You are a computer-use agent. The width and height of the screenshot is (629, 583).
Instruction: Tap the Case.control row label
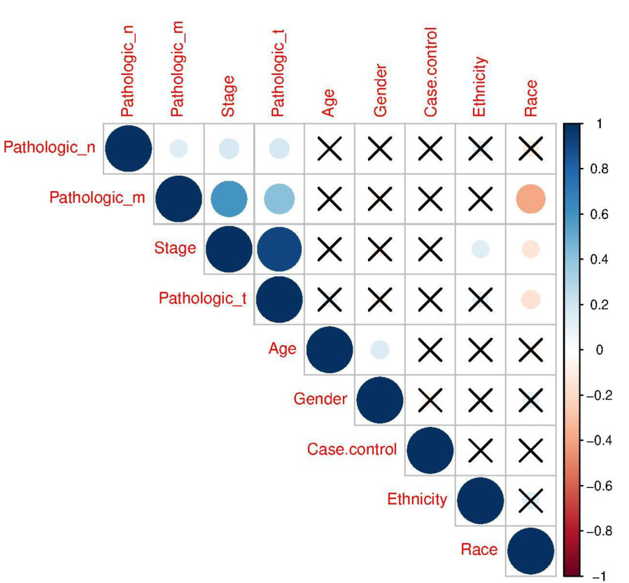(351, 449)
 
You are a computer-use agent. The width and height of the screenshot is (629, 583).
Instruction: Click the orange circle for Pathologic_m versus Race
(530, 199)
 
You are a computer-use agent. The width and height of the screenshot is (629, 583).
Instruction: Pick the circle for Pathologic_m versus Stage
(229, 199)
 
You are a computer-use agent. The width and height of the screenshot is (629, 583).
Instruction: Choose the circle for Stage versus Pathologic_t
(279, 249)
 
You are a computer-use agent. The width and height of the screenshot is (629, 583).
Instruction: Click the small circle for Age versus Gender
(380, 349)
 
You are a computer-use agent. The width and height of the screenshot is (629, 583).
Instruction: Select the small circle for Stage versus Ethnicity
(480, 249)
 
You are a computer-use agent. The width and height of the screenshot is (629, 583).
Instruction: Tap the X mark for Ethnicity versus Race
(530, 500)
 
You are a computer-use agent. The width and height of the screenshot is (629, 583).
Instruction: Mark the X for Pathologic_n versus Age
(330, 148)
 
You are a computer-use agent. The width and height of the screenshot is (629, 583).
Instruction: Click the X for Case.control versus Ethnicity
(480, 450)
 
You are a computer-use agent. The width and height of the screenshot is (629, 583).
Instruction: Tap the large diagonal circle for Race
(530, 550)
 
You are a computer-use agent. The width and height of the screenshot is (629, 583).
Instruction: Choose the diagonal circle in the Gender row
(380, 400)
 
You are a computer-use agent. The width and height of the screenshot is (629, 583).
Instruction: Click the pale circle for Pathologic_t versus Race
(530, 299)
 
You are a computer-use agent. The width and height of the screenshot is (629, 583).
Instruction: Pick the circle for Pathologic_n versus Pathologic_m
(178, 148)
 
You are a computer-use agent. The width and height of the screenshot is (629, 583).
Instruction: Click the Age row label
(283, 349)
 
